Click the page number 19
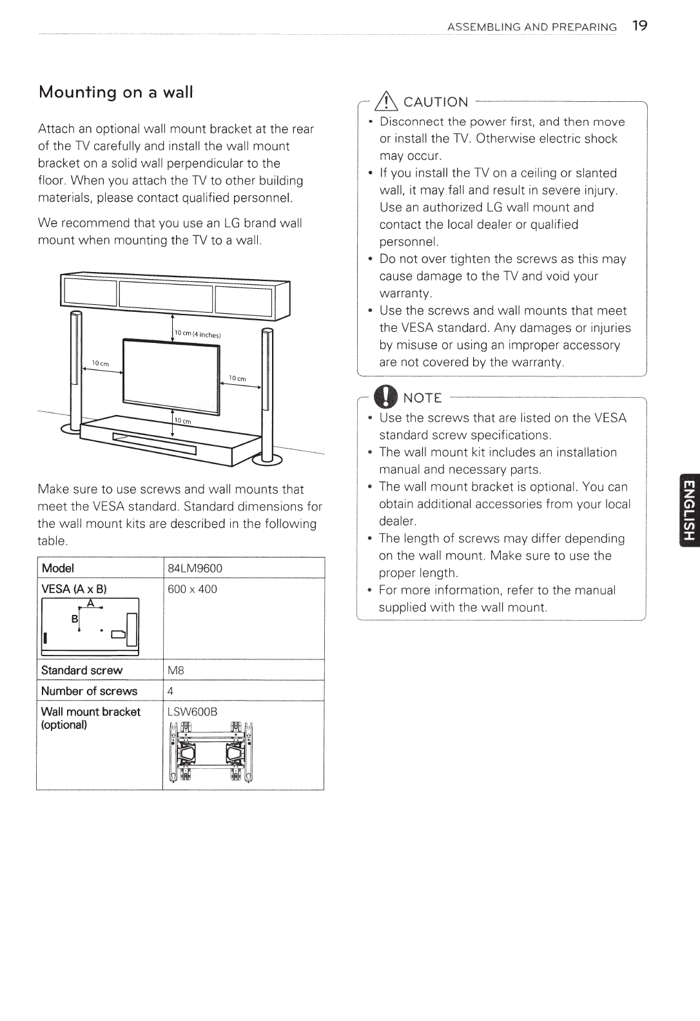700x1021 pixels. [x=639, y=26]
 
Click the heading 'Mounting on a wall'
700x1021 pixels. [x=116, y=92]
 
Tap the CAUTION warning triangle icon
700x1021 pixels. [x=391, y=101]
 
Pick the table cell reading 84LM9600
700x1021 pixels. [x=195, y=568]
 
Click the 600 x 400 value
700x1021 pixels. [x=192, y=588]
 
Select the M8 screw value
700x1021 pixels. [x=176, y=670]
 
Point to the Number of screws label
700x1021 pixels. [x=89, y=691]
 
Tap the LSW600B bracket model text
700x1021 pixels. [x=193, y=712]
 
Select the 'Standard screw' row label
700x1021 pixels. [x=82, y=670]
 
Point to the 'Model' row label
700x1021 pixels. [x=58, y=568]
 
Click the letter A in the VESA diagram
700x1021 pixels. [x=91, y=603]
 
